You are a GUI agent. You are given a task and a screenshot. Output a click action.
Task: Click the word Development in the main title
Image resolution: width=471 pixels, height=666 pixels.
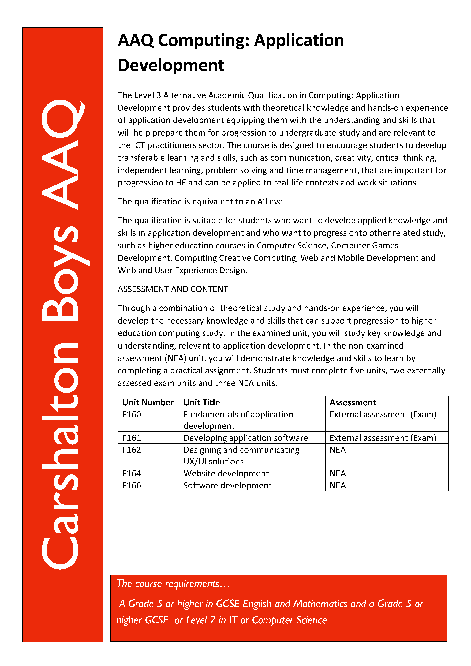171,65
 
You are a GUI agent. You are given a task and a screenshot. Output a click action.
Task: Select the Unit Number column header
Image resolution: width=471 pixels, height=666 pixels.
148,402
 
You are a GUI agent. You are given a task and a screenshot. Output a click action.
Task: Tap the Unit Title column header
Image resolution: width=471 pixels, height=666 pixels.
202,402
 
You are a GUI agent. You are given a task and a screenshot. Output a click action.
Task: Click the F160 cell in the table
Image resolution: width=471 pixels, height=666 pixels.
132,414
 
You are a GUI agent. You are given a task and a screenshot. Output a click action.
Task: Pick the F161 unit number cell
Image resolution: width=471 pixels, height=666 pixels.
132,438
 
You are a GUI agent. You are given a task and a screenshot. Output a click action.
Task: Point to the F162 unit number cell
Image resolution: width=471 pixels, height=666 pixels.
132,450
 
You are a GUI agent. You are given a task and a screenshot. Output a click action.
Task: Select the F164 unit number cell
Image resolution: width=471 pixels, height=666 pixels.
132,473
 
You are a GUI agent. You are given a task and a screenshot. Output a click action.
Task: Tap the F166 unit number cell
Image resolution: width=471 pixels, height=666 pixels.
132,485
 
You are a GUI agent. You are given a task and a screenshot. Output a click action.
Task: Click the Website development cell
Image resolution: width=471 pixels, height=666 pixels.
226,473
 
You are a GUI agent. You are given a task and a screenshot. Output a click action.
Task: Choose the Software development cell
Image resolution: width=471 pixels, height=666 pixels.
227,485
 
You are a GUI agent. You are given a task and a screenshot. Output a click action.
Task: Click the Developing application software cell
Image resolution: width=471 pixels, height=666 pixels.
245,438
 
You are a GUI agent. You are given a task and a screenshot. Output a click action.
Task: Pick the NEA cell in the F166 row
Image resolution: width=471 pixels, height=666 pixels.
338,485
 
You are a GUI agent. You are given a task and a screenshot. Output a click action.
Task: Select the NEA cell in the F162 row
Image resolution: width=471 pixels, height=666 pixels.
338,450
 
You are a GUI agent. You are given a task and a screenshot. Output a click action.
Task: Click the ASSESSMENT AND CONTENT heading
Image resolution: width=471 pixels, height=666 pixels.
173,289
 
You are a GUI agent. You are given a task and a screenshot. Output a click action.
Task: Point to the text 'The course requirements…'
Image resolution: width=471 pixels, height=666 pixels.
173,584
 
